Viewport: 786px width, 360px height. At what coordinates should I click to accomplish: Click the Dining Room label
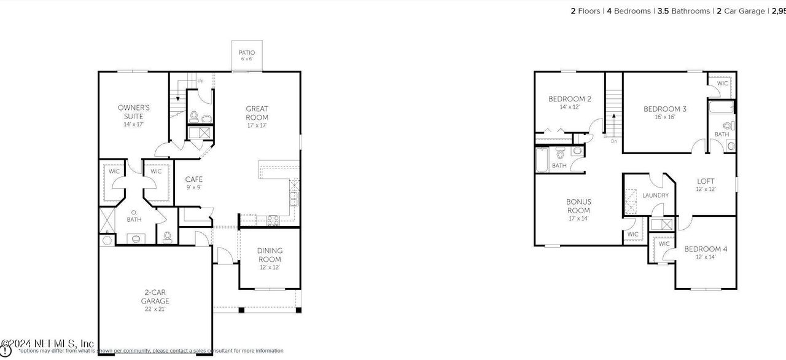(270, 254)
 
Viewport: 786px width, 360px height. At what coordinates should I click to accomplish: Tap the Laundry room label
(655, 195)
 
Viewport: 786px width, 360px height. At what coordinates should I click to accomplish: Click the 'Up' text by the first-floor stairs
(200, 80)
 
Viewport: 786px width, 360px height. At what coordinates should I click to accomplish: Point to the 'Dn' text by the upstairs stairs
(613, 141)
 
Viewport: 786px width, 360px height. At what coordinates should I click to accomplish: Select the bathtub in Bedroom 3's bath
(720, 108)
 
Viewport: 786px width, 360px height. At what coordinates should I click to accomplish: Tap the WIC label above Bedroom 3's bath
(722, 83)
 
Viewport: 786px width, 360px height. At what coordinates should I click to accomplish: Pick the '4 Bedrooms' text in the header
(629, 11)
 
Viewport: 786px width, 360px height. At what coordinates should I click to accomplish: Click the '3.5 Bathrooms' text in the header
(683, 11)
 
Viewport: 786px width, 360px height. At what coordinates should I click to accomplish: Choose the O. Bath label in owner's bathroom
(134, 216)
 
